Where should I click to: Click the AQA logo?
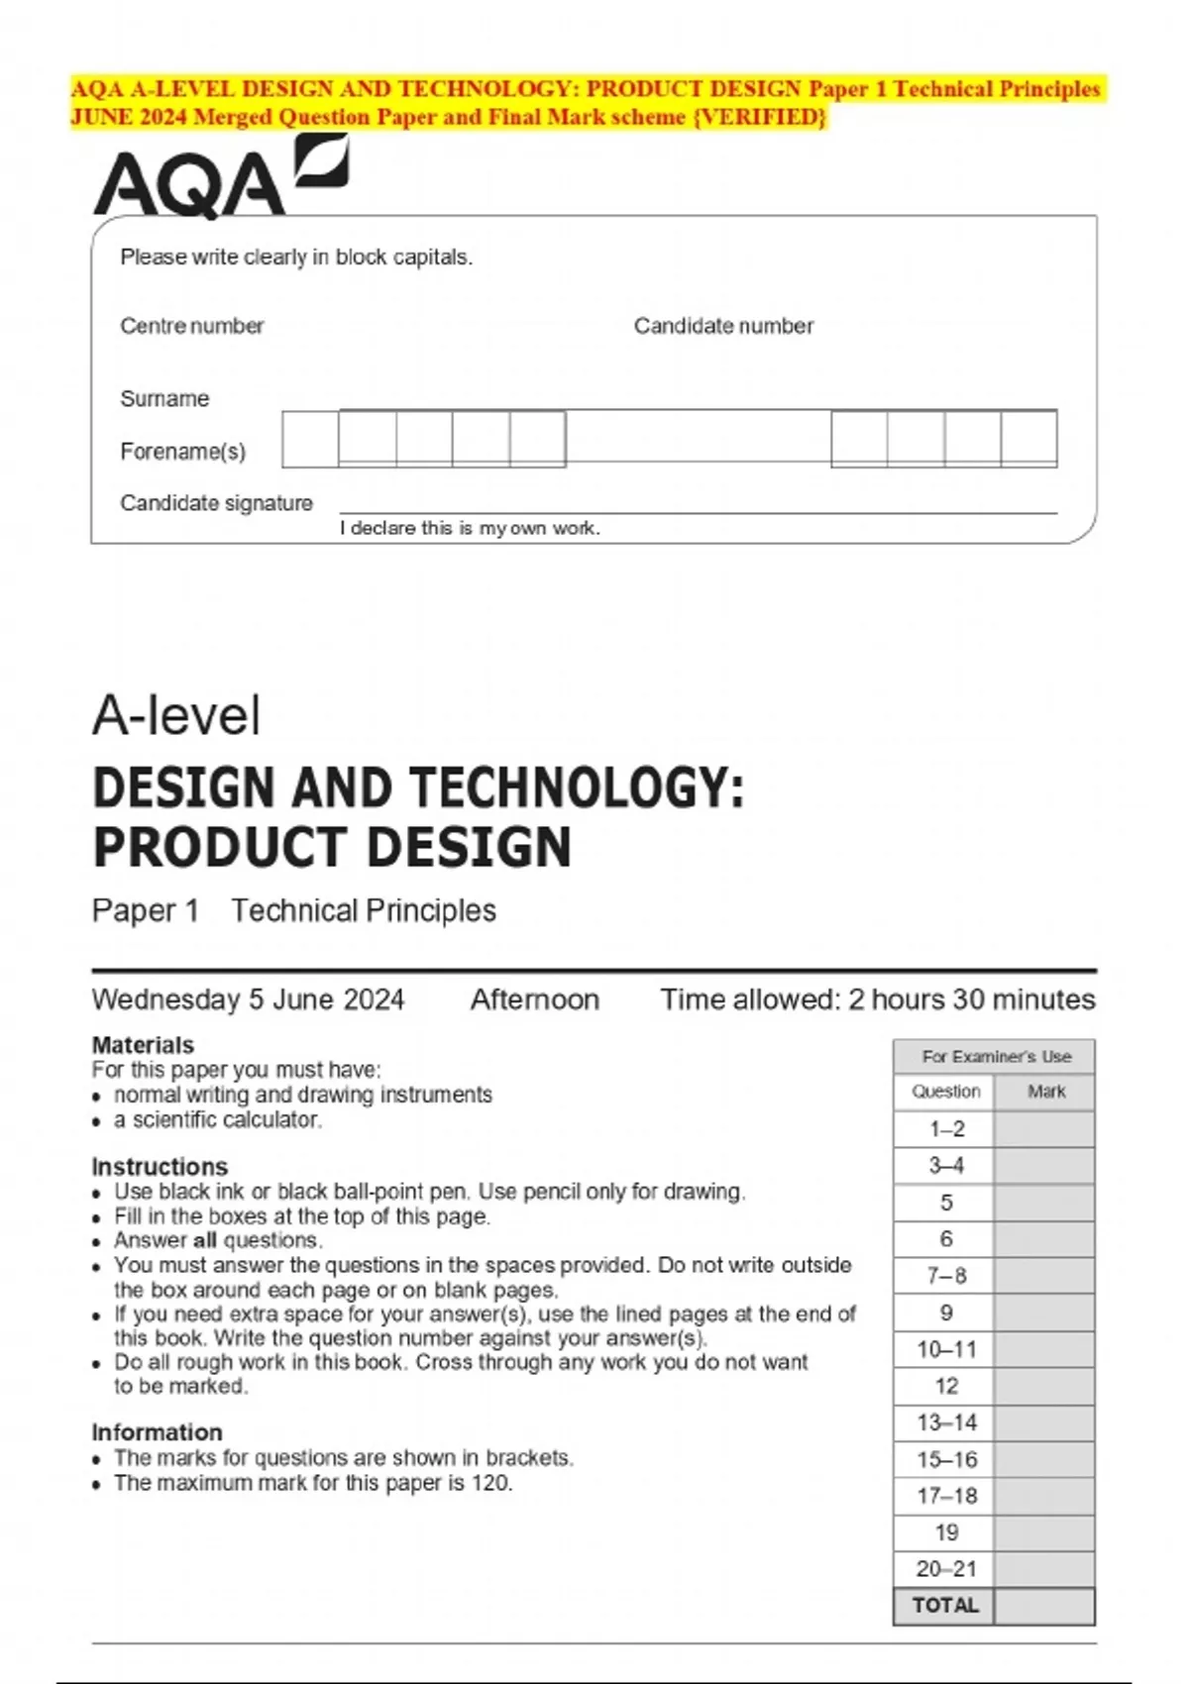[220, 179]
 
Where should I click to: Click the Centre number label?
[191, 326]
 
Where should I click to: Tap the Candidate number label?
[723, 326]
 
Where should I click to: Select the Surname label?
[164, 398]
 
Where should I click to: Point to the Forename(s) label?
[182, 452]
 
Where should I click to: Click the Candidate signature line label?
[216, 503]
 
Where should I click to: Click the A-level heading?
[176, 715]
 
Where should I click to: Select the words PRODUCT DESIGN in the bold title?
[332, 848]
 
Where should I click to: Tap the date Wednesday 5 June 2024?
[248, 1000]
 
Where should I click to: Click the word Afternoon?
[534, 1000]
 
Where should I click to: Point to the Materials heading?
[143, 1045]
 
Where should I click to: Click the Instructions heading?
[160, 1166]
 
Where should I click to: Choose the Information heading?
[157, 1432]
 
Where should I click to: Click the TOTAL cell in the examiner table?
[944, 1606]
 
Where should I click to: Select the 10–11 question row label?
[945, 1349]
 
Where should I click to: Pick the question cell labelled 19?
[945, 1532]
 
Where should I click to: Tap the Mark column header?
[1045, 1092]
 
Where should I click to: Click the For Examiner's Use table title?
[996, 1057]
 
